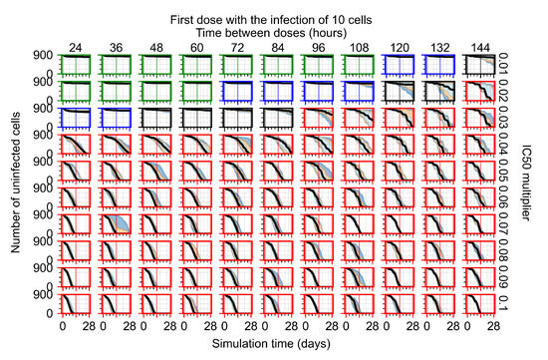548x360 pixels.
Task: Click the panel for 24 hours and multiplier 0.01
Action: click(76, 67)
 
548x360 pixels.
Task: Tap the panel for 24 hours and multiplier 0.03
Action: click(76, 120)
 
